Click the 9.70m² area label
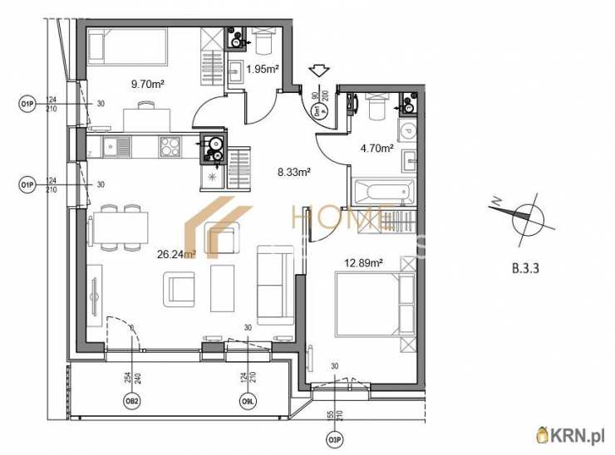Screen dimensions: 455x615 tap(146, 83)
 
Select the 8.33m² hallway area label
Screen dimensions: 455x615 tap(293, 172)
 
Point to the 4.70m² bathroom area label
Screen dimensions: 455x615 tap(376, 149)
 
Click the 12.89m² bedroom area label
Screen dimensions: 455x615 tap(363, 263)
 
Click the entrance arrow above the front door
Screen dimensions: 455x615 tap(319, 73)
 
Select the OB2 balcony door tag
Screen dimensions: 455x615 tap(131, 402)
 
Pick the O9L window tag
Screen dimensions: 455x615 tap(248, 402)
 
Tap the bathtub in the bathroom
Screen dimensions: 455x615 tap(382, 193)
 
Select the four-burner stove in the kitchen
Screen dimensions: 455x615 tap(171, 146)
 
